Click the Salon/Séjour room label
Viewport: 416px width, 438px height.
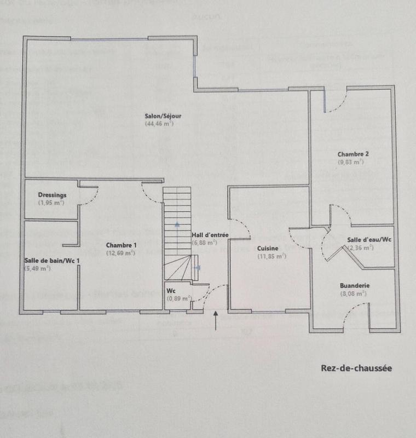(x=163, y=116)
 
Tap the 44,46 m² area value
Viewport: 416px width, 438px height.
(x=159, y=124)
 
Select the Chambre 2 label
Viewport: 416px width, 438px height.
(x=353, y=154)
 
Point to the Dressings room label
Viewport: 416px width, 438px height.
(x=52, y=195)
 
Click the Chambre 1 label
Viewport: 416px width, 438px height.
(x=121, y=245)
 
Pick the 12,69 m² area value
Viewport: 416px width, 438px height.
(x=121, y=253)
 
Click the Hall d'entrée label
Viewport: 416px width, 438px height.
(x=206, y=235)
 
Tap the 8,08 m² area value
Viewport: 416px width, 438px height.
(x=353, y=293)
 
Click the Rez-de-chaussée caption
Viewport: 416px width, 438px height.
(x=356, y=368)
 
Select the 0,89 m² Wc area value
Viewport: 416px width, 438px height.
(x=179, y=298)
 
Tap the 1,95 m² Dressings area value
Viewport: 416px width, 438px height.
(x=51, y=203)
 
